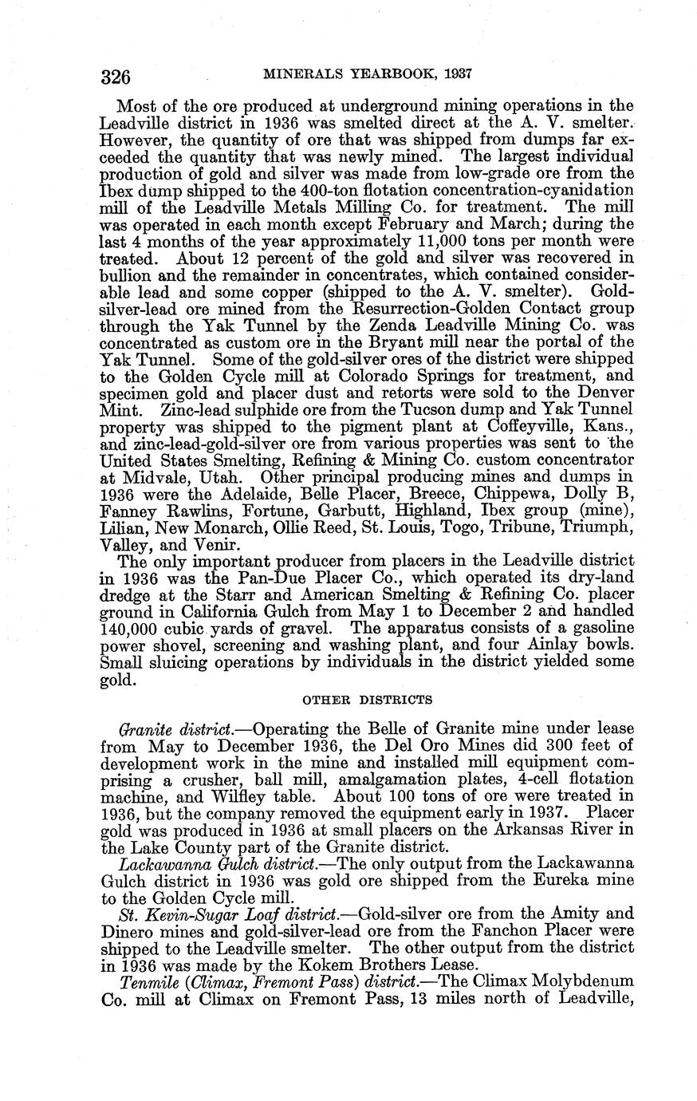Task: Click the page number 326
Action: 116,77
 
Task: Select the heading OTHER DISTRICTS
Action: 368,700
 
